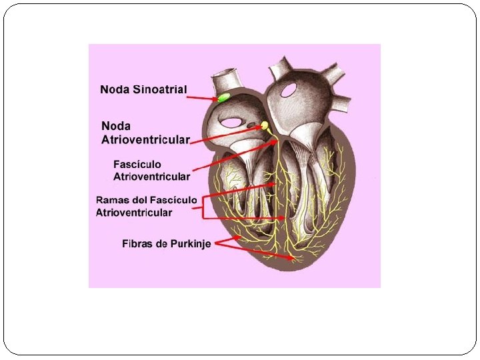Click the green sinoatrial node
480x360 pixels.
pyautogui.click(x=223, y=98)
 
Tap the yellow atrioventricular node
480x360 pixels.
pyautogui.click(x=265, y=125)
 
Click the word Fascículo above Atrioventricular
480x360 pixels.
pyautogui.click(x=137, y=164)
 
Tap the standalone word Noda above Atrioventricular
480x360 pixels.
pyautogui.click(x=116, y=125)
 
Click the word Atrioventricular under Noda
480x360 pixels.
pyautogui.click(x=145, y=139)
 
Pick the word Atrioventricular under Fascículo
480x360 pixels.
pyautogui.click(x=151, y=177)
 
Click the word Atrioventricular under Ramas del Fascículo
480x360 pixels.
pyautogui.click(x=134, y=213)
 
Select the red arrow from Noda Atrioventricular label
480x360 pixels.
pyautogui.click(x=227, y=133)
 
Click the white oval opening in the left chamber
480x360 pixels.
pyautogui.click(x=233, y=122)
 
